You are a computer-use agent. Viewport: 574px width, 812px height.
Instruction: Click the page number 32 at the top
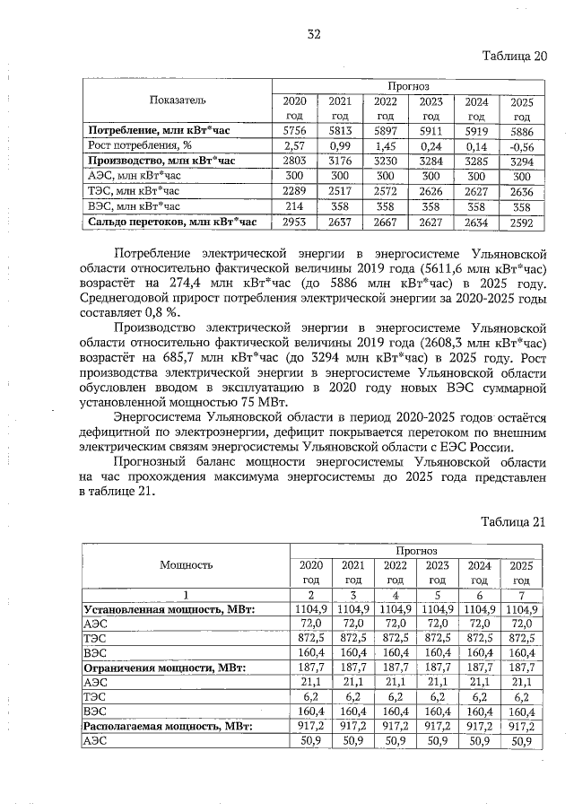point(313,34)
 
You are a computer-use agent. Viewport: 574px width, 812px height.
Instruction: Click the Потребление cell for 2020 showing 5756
point(294,130)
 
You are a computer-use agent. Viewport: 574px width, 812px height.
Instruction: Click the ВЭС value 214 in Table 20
point(294,205)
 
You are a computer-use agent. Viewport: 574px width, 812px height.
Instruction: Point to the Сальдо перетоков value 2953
point(294,221)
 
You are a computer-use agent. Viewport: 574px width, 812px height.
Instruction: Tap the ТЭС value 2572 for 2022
point(386,190)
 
